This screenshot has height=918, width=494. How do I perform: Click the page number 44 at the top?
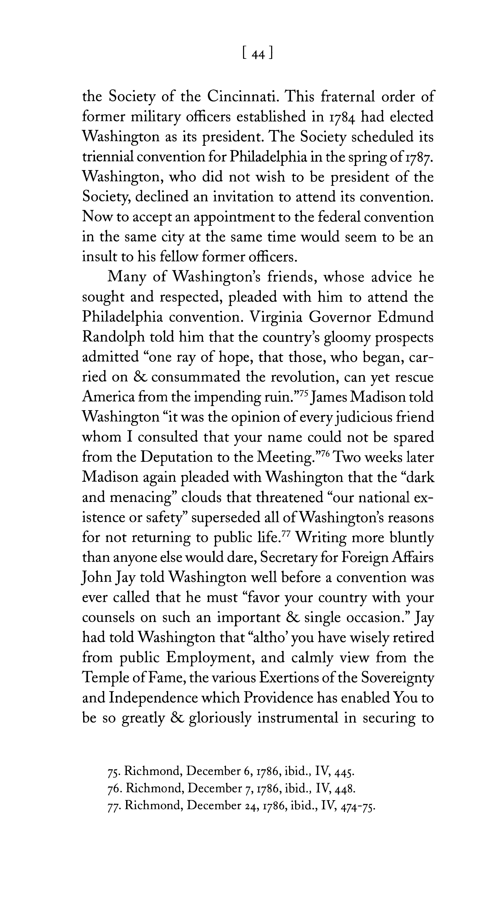(x=257, y=54)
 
